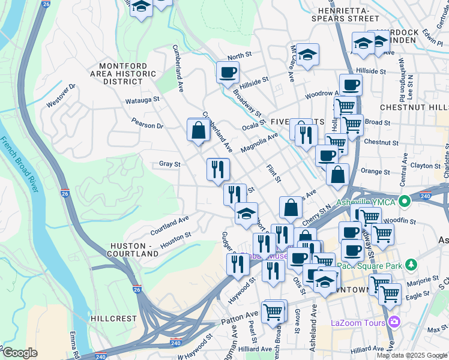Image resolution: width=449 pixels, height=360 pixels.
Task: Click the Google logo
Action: [20, 353]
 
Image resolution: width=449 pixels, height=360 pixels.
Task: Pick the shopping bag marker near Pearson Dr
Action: [198, 130]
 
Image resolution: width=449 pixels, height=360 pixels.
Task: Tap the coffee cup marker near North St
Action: [228, 73]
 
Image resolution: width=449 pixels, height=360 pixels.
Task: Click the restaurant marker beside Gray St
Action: [218, 169]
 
